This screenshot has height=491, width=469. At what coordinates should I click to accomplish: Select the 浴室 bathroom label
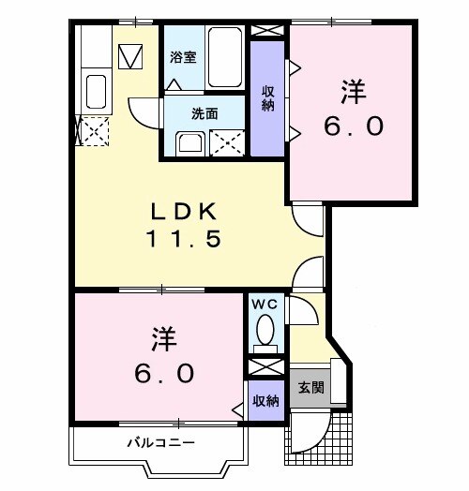[182, 57]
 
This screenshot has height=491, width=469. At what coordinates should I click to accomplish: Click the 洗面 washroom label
[204, 113]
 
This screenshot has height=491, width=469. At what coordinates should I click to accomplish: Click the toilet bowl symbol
[266, 330]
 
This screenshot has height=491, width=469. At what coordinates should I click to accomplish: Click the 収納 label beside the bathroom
[268, 98]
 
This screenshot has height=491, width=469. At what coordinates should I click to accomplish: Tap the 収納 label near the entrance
[266, 401]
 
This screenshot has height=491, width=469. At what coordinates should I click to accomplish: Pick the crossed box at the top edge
[267, 28]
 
